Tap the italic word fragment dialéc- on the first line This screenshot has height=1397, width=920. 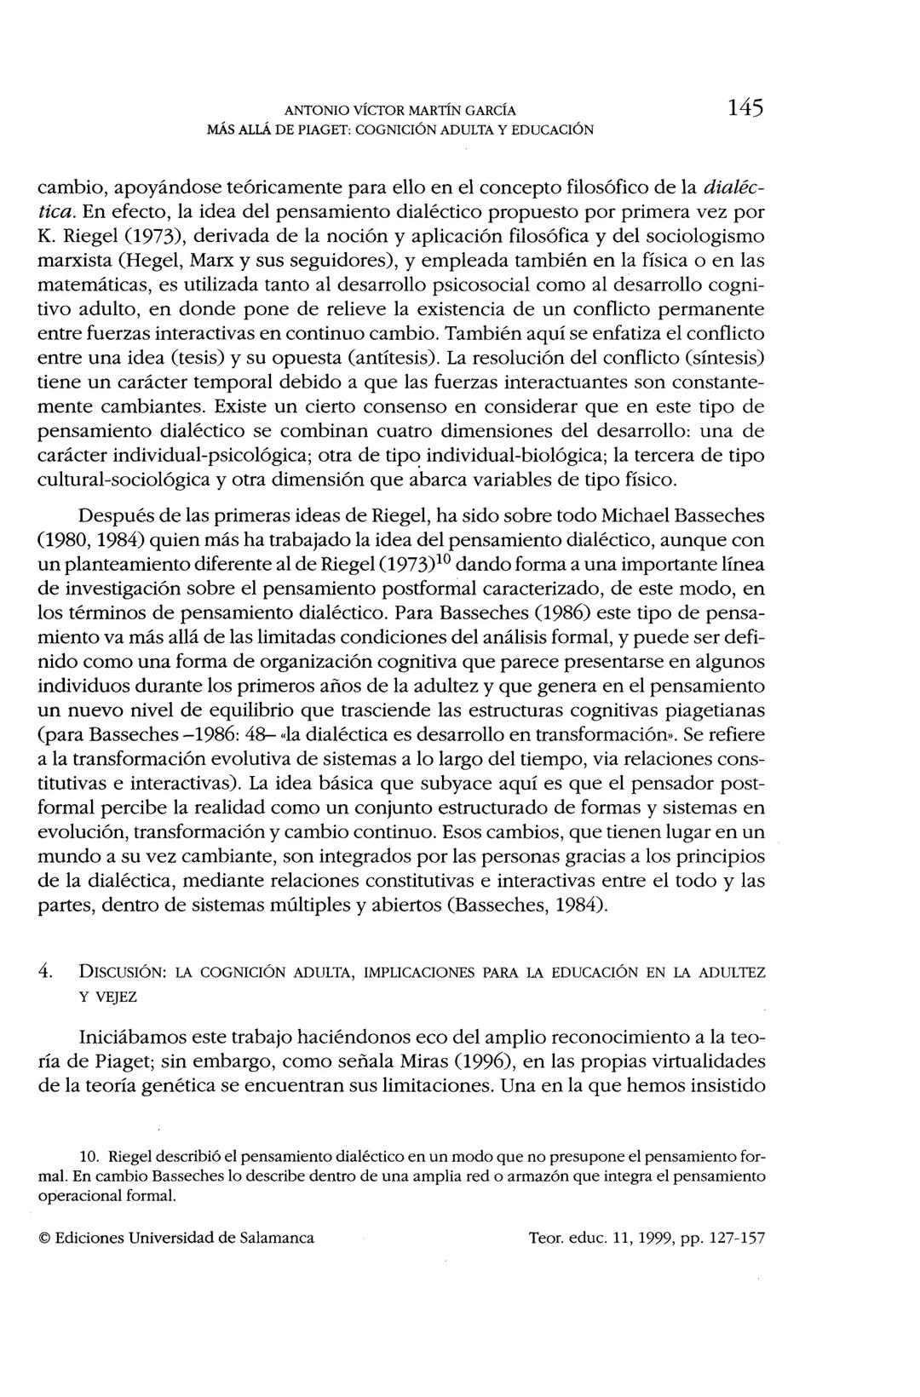point(737,186)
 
